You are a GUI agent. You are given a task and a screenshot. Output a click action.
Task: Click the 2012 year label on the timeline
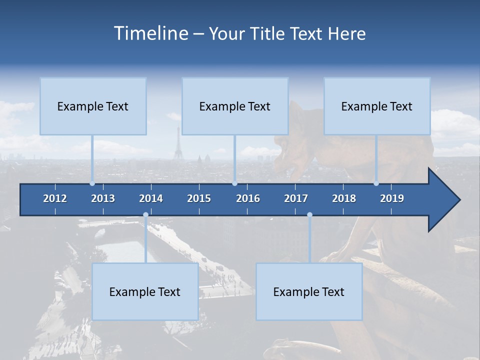point(55,198)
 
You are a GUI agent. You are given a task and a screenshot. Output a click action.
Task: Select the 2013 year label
point(103,198)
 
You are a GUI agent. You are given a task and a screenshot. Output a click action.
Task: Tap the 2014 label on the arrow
point(151,198)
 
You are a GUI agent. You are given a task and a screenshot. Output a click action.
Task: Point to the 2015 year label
point(199,198)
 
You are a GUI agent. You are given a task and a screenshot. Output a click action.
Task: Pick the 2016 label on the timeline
point(248,198)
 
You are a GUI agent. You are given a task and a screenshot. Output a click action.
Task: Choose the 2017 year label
point(296,198)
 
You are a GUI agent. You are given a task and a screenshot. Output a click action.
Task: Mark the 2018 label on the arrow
point(344,198)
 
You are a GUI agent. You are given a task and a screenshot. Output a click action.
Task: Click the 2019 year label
point(392,198)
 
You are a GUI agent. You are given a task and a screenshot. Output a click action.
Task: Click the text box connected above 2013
point(93,106)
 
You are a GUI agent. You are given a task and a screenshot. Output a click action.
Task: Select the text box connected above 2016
point(235,106)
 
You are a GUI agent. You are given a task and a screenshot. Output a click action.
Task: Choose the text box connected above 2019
point(377,106)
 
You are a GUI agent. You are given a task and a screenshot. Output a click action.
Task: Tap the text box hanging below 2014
point(145,291)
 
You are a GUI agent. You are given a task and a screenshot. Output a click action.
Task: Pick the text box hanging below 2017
point(309,291)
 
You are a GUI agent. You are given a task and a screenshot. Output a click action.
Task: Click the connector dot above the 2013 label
point(92,183)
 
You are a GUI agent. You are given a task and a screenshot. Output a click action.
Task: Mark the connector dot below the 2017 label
point(309,215)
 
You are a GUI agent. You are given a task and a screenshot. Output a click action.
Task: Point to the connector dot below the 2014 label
point(145,215)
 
